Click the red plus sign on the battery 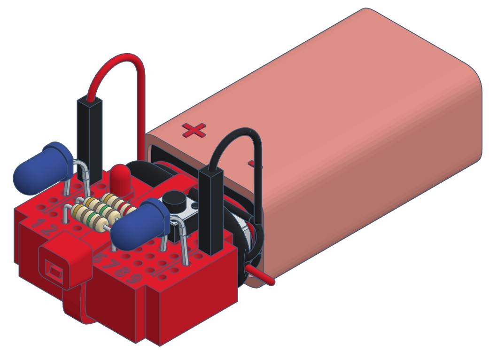(194, 130)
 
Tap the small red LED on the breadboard (121, 179)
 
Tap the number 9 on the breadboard (136, 278)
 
